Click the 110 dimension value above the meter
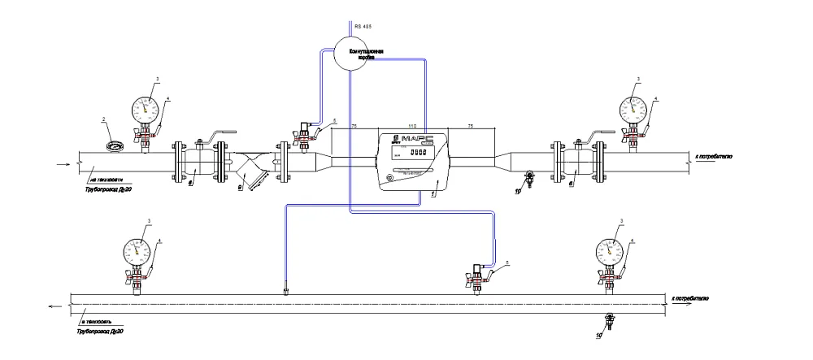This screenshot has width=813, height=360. click(412, 128)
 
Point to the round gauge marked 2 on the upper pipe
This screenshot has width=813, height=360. click(115, 146)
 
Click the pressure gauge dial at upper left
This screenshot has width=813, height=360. click(146, 107)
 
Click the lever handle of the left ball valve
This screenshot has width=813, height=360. click(220, 136)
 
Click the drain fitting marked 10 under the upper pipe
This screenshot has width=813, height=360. click(529, 177)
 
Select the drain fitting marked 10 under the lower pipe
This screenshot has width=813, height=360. click(608, 318)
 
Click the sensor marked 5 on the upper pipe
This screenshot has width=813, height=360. click(304, 136)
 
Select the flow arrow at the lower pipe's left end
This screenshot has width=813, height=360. click(54, 306)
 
